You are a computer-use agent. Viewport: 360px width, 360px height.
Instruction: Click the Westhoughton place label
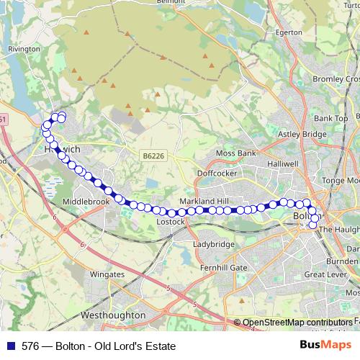114,315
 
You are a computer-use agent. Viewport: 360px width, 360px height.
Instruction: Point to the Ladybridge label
214,244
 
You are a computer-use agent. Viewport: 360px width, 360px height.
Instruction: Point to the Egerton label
290,32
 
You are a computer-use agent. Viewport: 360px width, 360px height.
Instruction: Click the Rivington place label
25,48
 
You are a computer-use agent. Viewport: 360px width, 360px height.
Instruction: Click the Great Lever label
325,274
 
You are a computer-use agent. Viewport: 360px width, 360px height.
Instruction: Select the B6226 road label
153,156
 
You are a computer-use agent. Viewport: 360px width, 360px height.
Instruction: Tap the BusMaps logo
325,345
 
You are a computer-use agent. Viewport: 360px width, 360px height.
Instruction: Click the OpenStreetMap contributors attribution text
297,323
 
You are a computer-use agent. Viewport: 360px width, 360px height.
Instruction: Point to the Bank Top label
331,117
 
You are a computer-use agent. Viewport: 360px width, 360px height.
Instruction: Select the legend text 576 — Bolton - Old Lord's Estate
99,346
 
